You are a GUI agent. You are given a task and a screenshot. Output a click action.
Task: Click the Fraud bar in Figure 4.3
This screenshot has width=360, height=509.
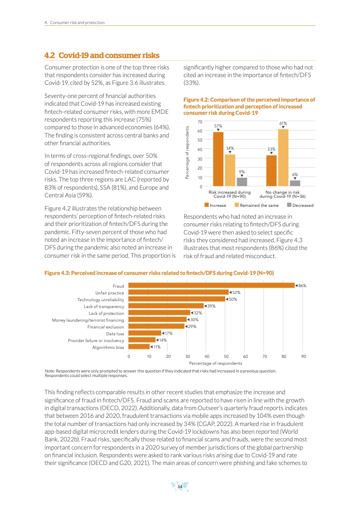212,285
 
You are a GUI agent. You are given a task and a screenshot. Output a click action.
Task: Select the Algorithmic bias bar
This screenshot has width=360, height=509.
139,347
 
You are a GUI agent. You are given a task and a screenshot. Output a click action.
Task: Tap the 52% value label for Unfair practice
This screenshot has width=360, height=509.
236,292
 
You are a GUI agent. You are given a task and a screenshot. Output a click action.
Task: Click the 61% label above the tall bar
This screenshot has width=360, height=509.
283,123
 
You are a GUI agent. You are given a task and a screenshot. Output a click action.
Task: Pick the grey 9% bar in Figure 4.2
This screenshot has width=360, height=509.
242,181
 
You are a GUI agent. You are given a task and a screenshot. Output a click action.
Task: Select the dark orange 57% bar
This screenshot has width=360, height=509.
218,159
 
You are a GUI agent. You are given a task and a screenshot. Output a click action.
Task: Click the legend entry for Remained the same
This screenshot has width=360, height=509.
256,206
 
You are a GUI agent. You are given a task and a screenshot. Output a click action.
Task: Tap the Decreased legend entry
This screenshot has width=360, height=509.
300,206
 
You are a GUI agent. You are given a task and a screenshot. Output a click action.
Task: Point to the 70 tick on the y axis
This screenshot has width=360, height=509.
200,122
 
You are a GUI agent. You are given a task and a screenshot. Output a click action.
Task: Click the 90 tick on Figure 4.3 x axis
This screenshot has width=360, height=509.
304,357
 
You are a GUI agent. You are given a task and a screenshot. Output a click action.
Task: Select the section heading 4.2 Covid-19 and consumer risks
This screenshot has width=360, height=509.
102,55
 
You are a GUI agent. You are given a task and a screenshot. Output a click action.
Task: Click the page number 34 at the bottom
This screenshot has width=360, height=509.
180,487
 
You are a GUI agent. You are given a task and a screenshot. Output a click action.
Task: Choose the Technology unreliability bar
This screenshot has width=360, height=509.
177,299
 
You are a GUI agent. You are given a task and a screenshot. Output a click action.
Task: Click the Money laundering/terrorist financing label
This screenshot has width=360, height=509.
88,320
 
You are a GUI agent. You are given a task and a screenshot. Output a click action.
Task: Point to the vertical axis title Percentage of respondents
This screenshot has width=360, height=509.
187,153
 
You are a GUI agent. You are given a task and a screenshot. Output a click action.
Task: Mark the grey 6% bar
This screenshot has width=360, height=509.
295,183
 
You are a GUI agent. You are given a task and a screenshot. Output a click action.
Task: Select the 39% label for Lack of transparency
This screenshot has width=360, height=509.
210,306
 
